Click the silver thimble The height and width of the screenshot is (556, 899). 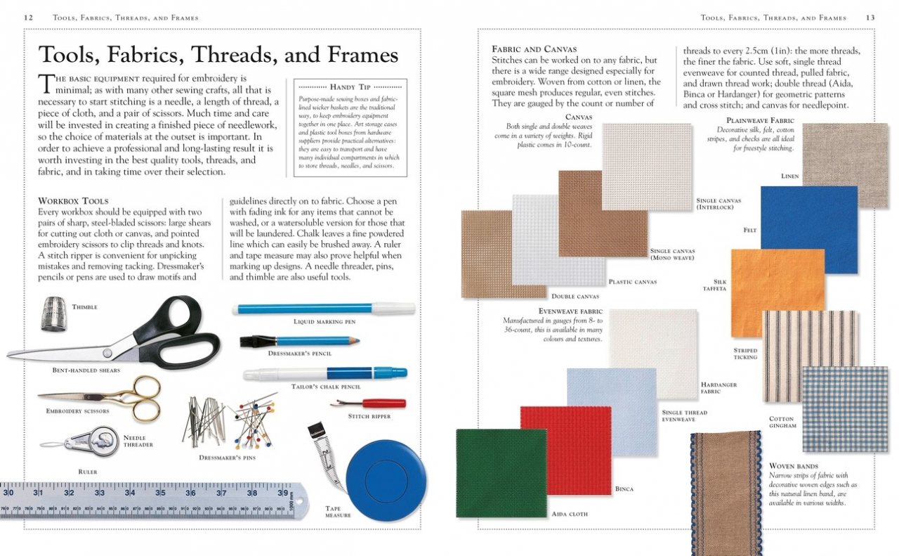54,313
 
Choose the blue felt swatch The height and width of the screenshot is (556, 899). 808,228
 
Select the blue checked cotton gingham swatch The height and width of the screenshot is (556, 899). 844,408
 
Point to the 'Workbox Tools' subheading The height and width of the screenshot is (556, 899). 73,201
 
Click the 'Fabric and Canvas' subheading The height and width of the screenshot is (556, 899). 534,49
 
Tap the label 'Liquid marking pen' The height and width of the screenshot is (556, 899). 324,321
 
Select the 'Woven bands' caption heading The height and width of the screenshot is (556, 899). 793,466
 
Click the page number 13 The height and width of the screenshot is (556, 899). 870,18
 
